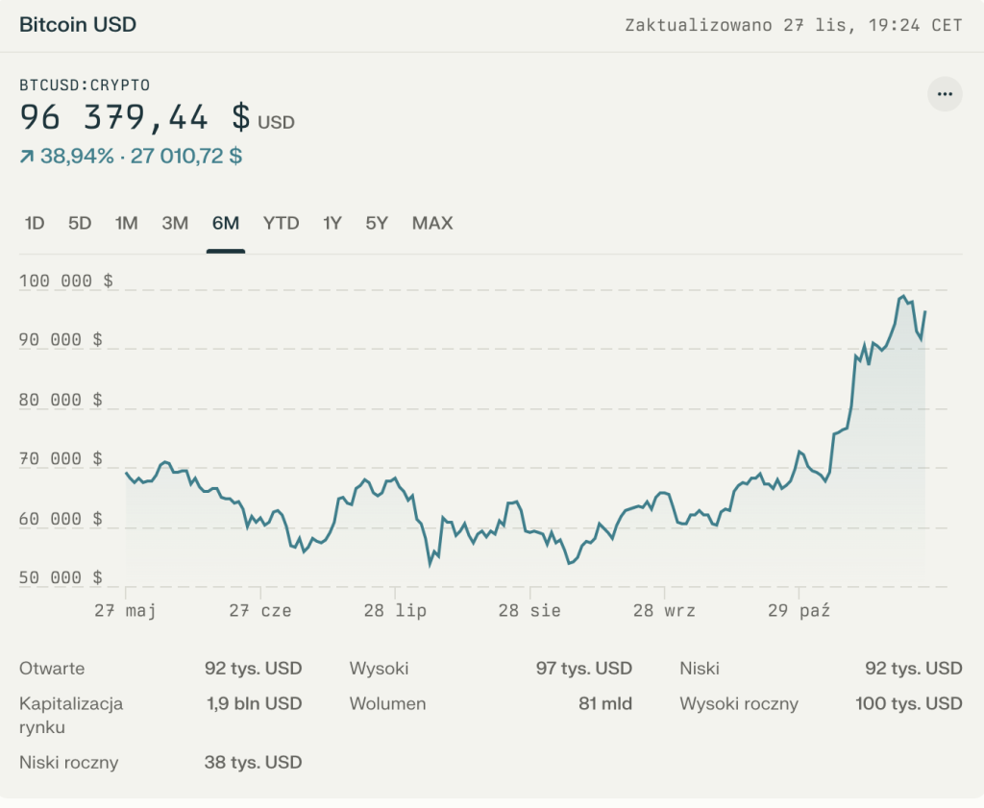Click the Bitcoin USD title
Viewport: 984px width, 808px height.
(78, 25)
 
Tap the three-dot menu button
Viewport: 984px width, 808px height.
(945, 94)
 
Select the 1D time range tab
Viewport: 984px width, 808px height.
(35, 224)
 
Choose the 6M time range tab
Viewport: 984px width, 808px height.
(225, 224)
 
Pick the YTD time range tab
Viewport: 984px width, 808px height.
(281, 224)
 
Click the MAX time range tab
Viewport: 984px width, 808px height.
(431, 224)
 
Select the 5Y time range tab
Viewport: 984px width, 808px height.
(376, 224)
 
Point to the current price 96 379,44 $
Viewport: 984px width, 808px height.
(135, 118)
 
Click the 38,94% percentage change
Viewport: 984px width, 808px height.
(77, 156)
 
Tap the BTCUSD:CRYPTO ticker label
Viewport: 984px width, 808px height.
(85, 85)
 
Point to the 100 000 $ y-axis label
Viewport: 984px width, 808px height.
(65, 281)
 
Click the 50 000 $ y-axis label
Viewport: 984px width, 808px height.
(61, 577)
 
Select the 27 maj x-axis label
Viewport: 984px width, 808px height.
(125, 610)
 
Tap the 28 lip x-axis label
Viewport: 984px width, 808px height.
(395, 610)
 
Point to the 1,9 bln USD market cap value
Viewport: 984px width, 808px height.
(254, 703)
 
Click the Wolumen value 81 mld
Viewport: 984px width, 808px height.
(604, 703)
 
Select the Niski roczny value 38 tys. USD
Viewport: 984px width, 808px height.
(253, 763)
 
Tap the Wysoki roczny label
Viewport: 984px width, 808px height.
(738, 703)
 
